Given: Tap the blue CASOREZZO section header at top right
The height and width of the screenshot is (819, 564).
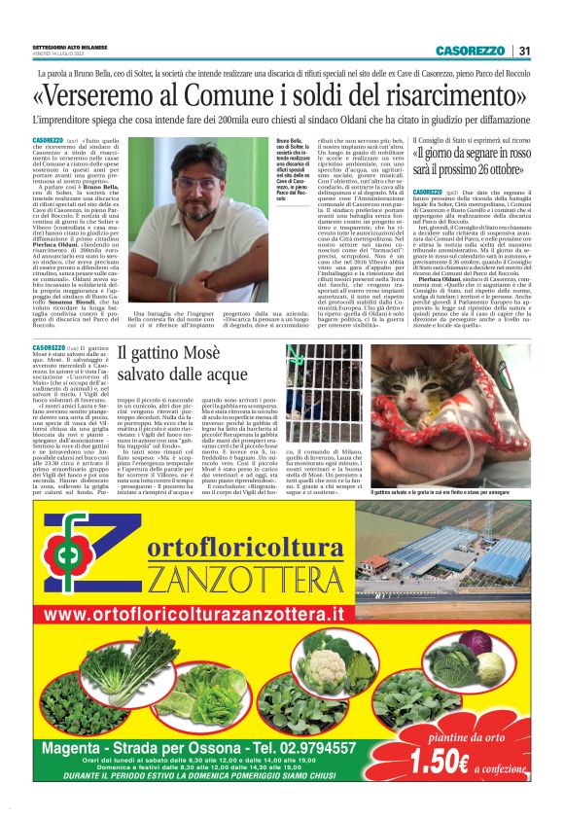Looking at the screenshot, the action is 470,51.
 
